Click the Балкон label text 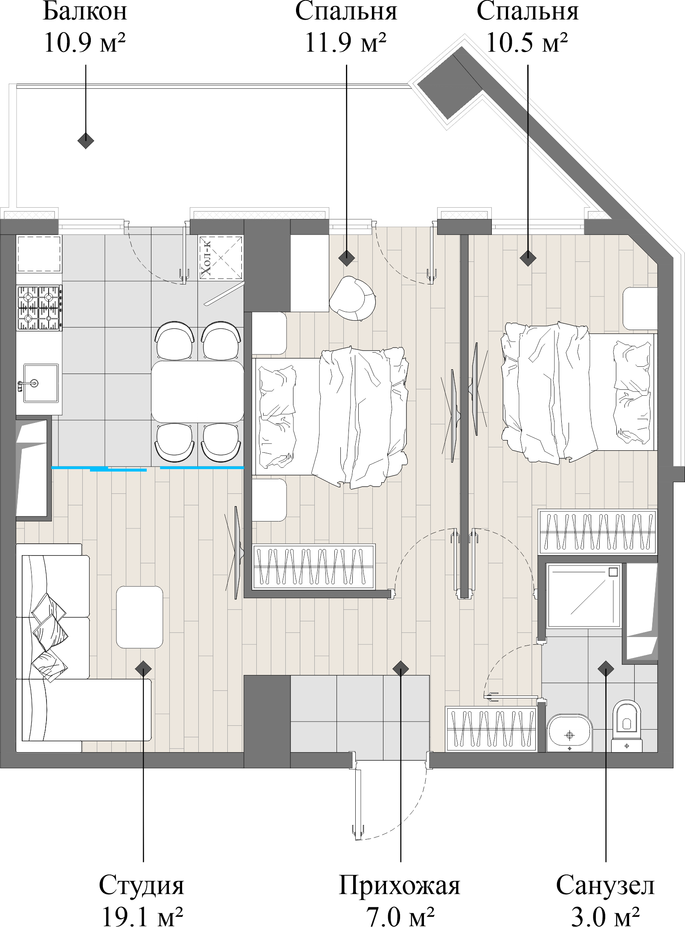(x=85, y=12)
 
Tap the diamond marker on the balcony (x=86, y=140)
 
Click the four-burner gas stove (x=38, y=308)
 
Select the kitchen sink (x=41, y=383)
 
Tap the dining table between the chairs (x=197, y=392)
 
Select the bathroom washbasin (x=569, y=733)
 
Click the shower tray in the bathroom (x=583, y=596)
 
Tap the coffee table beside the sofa (x=139, y=617)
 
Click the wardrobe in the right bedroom (x=597, y=531)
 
